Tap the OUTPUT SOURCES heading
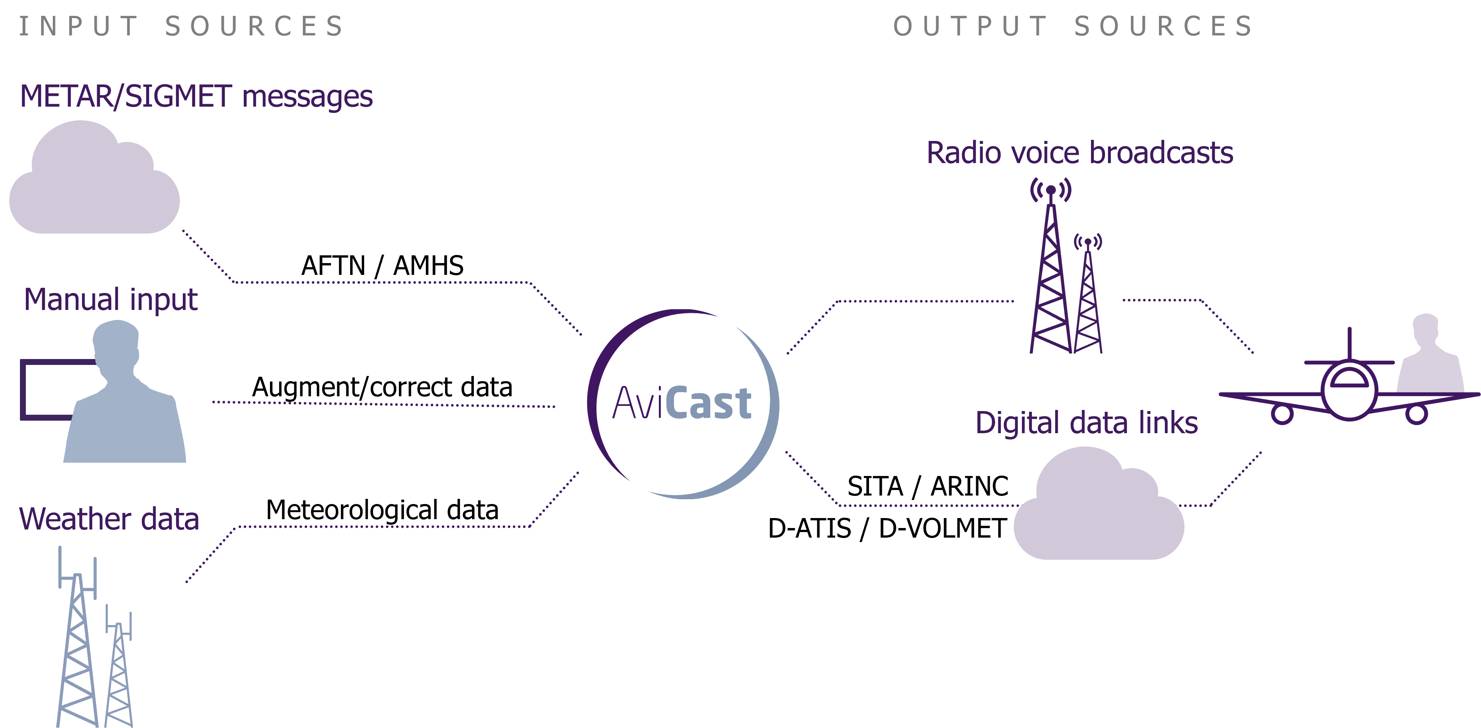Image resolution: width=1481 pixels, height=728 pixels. pyautogui.click(x=1073, y=27)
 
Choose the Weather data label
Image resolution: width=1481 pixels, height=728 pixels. pyautogui.click(x=109, y=519)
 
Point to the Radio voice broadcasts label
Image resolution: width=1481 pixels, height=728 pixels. pyautogui.click(x=1080, y=153)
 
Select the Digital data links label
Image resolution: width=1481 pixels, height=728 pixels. pyautogui.click(x=1086, y=423)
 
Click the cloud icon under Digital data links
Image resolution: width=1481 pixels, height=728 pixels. pyautogui.click(x=1098, y=511)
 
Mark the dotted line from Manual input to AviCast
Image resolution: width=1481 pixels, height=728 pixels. pyautogui.click(x=383, y=404)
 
